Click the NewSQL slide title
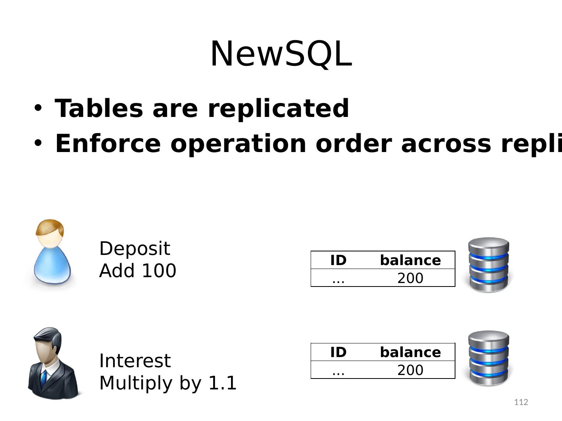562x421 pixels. tap(281, 54)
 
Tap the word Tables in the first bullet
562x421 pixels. tap(99, 108)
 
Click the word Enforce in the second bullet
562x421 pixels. tap(108, 143)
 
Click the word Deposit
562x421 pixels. tap(135, 249)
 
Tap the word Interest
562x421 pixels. tap(135, 361)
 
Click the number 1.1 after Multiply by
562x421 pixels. tap(222, 383)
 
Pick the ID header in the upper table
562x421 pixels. tap(338, 260)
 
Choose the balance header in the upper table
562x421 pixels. tap(410, 260)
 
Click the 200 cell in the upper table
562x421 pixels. tap(410, 278)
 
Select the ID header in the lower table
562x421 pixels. tap(338, 352)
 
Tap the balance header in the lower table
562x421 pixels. tap(410, 352)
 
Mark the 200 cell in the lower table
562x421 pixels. tap(410, 370)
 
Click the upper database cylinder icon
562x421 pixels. tap(489, 265)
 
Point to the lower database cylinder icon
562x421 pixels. tap(489, 359)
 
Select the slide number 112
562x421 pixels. tap(521, 402)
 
